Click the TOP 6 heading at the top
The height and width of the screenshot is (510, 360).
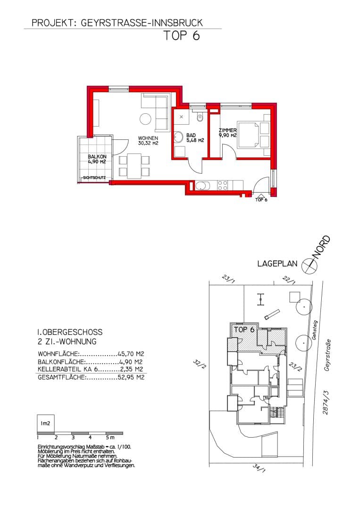(181, 35)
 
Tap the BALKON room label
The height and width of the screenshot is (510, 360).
(97, 156)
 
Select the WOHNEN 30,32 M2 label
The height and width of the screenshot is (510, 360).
(148, 141)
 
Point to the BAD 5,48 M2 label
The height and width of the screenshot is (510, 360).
(195, 138)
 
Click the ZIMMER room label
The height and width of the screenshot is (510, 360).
(227, 130)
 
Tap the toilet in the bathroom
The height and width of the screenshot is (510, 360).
(200, 118)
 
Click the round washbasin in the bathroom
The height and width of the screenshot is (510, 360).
(178, 136)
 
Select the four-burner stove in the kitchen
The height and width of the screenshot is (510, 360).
(223, 186)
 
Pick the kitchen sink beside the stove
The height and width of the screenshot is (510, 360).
(201, 186)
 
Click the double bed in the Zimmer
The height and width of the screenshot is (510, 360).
(254, 134)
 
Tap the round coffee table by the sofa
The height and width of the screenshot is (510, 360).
(145, 119)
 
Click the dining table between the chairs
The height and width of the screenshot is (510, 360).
(134, 166)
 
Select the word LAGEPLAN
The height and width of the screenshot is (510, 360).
(277, 263)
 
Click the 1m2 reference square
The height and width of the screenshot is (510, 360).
(45, 424)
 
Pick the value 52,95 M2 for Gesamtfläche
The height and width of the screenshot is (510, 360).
(131, 378)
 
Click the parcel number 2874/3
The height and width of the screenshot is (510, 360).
(326, 402)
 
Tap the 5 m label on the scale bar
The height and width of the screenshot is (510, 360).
(110, 437)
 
